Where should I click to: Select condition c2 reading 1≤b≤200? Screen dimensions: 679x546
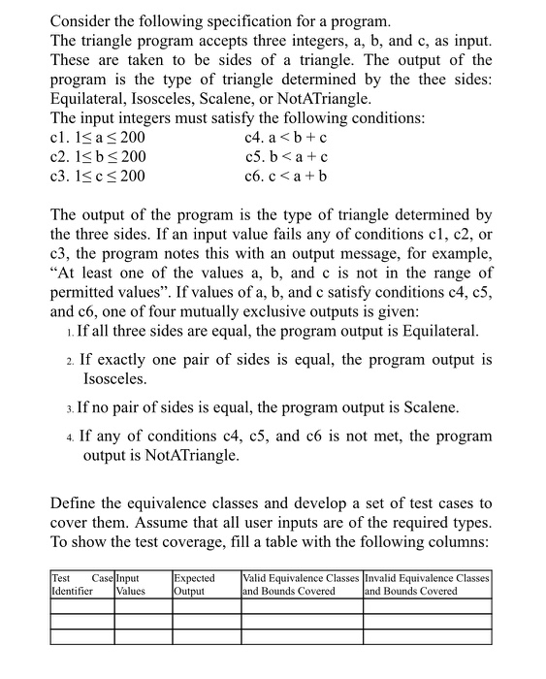point(97,157)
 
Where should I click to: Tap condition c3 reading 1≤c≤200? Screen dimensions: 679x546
point(97,177)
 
